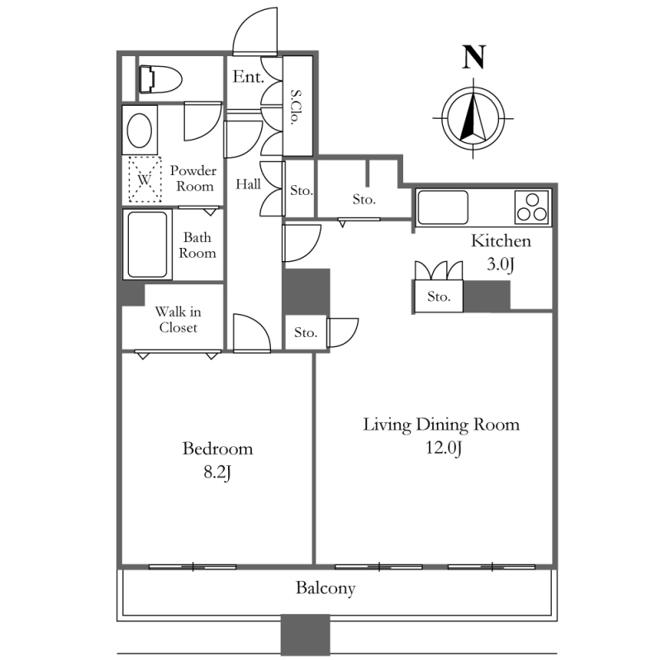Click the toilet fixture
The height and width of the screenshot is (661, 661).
[x=160, y=79]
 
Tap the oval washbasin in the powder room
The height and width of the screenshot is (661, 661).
[x=140, y=131]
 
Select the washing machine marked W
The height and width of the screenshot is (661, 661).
[x=145, y=179]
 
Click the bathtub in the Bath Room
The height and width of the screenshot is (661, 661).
[x=147, y=245]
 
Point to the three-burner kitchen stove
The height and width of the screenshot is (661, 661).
[x=532, y=207]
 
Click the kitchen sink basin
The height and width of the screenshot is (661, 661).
[x=443, y=207]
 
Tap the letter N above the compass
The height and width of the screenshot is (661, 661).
[x=473, y=57]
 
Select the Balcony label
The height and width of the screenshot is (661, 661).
[x=326, y=588]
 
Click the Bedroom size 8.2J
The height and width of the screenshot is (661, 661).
[x=217, y=472]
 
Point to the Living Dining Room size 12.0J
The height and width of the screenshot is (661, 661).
[x=444, y=448]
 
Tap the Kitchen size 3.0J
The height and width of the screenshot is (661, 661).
[x=501, y=264]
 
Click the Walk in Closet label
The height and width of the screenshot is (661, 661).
[x=178, y=320]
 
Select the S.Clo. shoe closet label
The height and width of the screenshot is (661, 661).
[x=297, y=107]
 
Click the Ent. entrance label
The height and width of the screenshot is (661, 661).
[x=249, y=77]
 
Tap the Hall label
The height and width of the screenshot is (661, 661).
[x=248, y=184]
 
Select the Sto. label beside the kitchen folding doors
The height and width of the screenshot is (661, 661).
[x=439, y=297]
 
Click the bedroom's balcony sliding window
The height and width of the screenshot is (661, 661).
[x=193, y=567]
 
